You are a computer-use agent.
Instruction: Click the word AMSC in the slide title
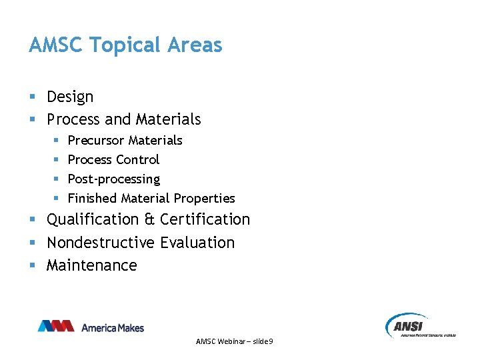pos(56,45)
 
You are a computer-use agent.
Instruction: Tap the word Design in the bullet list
pos(70,97)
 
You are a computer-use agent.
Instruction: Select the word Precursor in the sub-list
pos(96,140)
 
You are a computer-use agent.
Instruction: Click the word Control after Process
pos(137,159)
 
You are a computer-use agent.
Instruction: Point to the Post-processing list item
pos(114,179)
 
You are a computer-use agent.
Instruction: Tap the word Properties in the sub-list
pos(204,198)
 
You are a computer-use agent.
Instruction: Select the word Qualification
pos(92,219)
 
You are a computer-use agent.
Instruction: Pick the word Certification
pos(205,219)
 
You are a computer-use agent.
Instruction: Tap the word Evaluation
pos(198,242)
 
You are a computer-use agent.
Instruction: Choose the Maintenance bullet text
pos(91,265)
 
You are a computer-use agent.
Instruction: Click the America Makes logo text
pos(113,327)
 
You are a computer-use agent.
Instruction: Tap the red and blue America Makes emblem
pos(56,326)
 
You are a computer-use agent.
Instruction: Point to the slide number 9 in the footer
pos(271,341)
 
